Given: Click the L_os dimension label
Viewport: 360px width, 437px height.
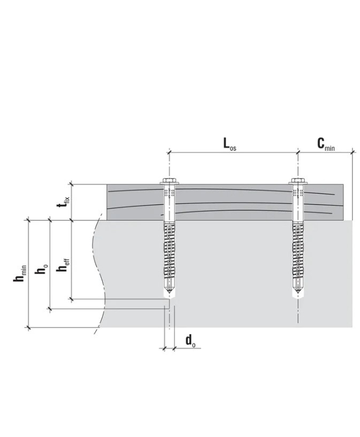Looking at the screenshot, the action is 229,144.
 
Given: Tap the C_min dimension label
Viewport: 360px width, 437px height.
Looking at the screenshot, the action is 326,144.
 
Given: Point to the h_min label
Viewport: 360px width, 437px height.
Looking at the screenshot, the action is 20,273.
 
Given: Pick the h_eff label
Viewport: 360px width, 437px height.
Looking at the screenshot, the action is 63,265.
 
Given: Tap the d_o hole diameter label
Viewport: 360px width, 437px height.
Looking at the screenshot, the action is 190,341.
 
